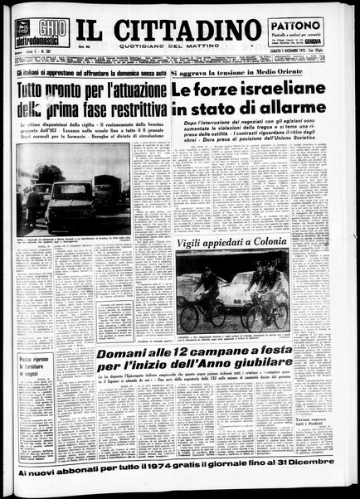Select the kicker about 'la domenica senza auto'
pos(90,73)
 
